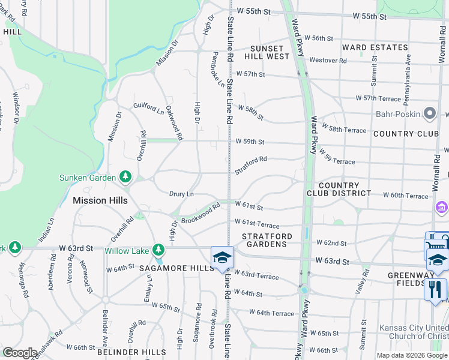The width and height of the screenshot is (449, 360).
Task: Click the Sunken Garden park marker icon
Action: [125, 176]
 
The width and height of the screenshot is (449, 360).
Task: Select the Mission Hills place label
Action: [101, 200]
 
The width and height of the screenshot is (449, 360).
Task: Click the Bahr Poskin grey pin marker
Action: [430, 113]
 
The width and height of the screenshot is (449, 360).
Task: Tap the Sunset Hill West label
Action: [267, 52]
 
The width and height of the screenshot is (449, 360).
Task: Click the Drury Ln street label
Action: [181, 194]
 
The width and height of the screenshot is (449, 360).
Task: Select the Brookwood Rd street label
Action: [201, 212]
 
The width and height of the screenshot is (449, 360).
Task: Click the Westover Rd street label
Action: [328, 60]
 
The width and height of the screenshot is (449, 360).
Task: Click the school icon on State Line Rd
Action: [222, 257]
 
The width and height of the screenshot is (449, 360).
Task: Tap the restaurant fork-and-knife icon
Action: [435, 289]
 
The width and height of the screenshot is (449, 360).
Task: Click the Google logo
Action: [20, 353]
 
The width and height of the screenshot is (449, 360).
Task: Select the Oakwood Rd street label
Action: [174, 122]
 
